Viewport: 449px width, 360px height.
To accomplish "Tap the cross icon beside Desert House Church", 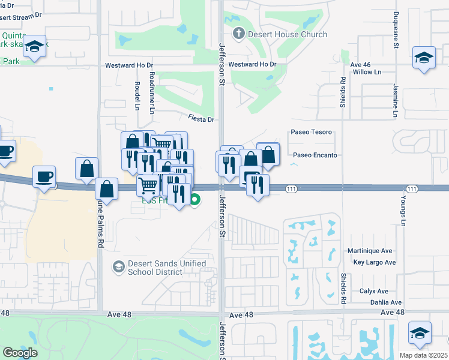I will (238, 34).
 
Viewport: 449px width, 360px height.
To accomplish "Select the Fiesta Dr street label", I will (201, 119).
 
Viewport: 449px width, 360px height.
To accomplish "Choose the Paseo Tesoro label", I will (311, 132).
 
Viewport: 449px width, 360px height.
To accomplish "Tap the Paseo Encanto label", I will (315, 155).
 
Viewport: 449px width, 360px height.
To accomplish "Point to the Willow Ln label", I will (367, 72).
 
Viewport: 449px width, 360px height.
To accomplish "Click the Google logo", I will (20, 353).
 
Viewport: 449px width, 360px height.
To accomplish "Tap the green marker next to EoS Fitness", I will (194, 200).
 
